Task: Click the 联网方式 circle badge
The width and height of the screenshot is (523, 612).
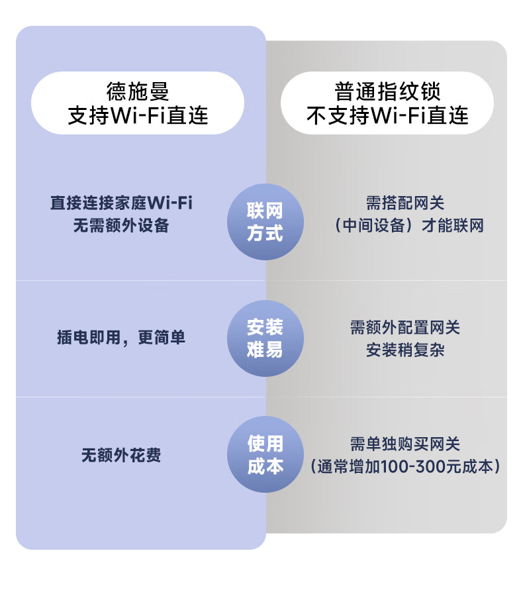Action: point(265,222)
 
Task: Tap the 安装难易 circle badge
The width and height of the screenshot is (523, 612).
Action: point(265,338)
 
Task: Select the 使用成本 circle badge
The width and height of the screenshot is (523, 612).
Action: point(265,454)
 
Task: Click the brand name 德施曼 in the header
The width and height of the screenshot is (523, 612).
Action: point(138,91)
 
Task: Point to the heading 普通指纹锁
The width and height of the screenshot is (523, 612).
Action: point(387,91)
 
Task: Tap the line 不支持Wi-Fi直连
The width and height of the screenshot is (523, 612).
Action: point(387,116)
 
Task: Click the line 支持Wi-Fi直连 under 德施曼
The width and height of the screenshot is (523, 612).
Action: point(138,116)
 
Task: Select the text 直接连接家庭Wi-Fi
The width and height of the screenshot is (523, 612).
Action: point(121,202)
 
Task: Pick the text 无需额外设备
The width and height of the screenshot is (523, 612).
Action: point(121,225)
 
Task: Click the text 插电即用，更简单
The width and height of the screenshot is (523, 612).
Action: point(121,338)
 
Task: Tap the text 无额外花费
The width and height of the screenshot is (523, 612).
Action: point(121,456)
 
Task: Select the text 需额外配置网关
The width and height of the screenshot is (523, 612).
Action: point(405,327)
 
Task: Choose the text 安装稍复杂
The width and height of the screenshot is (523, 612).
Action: point(405,350)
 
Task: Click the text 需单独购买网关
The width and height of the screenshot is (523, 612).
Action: point(405,444)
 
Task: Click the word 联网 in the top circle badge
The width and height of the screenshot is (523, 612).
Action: point(265,211)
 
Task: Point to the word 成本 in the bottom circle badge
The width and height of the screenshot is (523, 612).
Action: point(265,466)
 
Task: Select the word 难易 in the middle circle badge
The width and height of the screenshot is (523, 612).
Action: point(265,350)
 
